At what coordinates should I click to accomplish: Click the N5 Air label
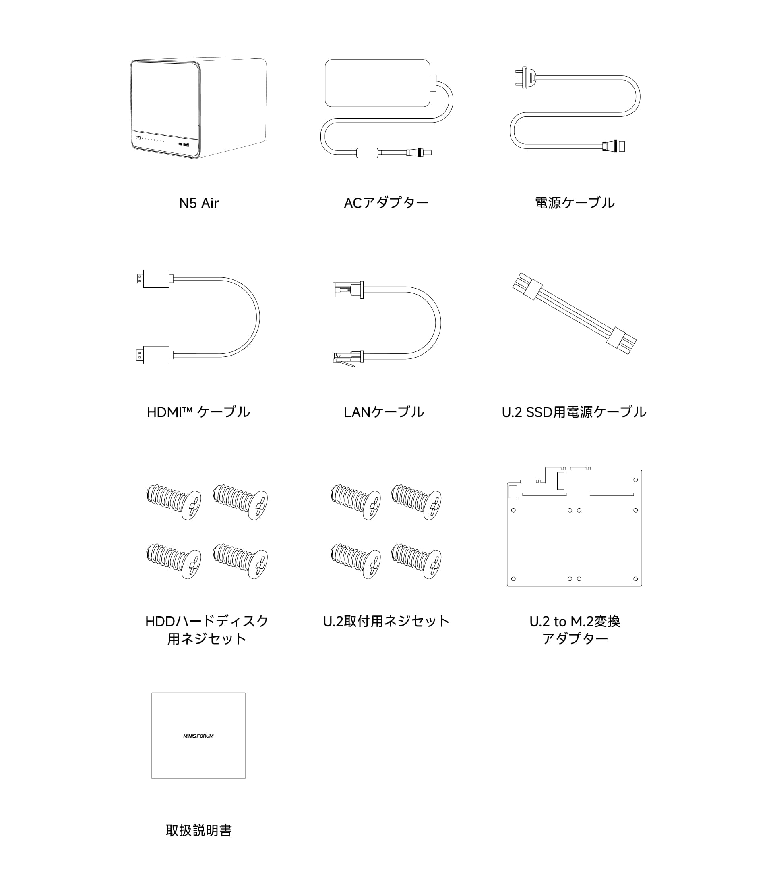199,203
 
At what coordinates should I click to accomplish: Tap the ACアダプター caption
386,203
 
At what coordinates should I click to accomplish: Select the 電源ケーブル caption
575,203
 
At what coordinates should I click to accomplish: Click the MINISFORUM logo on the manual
198,736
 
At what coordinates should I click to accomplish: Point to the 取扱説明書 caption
199,830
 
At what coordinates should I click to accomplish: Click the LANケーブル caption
383,412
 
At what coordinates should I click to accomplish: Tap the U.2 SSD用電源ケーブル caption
574,412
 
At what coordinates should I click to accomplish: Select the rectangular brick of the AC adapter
378,83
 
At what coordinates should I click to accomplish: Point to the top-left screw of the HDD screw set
174,502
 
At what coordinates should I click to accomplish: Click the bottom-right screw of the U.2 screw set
416,561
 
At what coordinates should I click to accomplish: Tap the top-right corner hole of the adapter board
635,480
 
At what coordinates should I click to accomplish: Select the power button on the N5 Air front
138,138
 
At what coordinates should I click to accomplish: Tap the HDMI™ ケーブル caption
198,412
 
